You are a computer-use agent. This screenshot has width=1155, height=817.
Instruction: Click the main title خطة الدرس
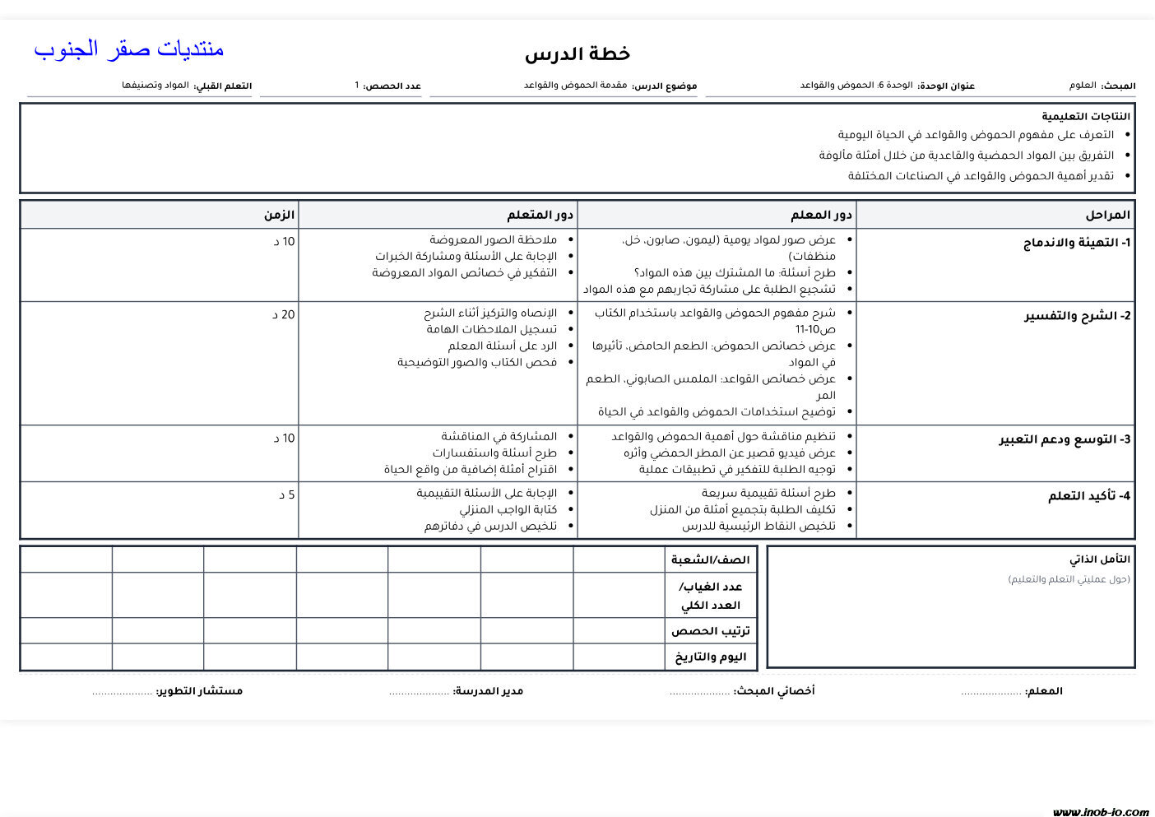[577, 54]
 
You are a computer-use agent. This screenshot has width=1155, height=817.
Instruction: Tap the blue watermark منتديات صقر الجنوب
[129, 49]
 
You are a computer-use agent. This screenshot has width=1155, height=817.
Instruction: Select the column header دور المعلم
[821, 215]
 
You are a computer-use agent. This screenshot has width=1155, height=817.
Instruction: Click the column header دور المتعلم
[540, 215]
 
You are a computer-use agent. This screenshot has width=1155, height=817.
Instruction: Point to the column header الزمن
[279, 215]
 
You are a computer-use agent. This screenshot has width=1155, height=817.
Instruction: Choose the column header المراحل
[1107, 215]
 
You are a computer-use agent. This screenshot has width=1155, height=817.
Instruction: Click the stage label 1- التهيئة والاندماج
[1077, 243]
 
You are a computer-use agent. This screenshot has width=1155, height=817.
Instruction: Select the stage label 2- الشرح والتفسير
[1077, 316]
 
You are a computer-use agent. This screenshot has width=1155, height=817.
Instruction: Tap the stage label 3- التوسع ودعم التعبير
[1065, 439]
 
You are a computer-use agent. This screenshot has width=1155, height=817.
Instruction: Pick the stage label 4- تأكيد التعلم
[1089, 496]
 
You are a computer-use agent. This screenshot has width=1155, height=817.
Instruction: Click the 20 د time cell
[284, 314]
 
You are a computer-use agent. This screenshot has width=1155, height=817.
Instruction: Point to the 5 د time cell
[286, 494]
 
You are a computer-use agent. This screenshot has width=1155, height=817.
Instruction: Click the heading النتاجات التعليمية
[1086, 117]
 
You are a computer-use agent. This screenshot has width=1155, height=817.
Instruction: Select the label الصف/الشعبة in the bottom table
[710, 560]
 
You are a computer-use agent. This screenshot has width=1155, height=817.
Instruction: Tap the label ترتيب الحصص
[710, 631]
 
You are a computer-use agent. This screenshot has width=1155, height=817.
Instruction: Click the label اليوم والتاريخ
[710, 657]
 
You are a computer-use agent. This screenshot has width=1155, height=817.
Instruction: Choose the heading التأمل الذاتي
[1100, 559]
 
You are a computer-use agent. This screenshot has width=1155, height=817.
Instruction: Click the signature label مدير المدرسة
[488, 691]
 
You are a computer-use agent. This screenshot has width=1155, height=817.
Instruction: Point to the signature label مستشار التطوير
[199, 691]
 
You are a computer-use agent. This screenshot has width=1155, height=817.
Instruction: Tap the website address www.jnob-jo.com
[1100, 811]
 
